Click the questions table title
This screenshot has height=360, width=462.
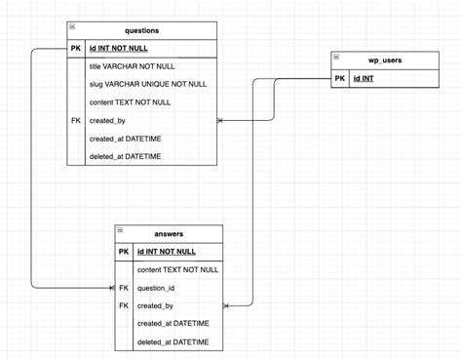(x=143, y=30)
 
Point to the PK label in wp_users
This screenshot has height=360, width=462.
(x=339, y=79)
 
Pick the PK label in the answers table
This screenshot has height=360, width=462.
(x=124, y=252)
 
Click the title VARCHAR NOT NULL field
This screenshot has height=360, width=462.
(x=132, y=67)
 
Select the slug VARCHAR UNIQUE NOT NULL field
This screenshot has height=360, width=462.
(x=147, y=85)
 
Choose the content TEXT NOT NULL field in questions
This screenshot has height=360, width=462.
(x=130, y=102)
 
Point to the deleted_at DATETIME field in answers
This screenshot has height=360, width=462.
(x=173, y=341)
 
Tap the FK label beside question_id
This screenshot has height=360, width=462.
(x=124, y=288)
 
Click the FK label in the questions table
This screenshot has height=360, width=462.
(x=76, y=120)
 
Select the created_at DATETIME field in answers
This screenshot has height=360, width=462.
(x=173, y=324)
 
